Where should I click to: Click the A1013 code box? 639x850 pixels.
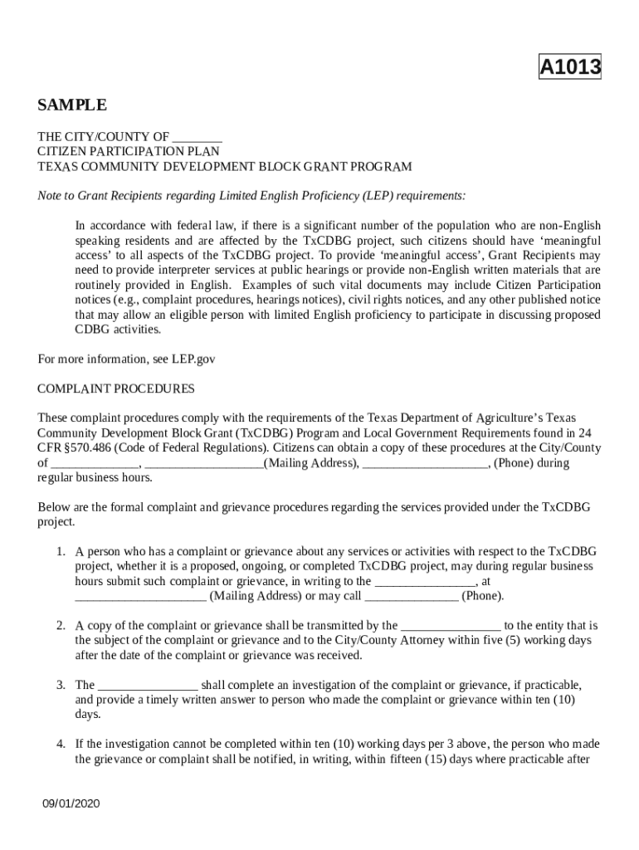click(x=570, y=67)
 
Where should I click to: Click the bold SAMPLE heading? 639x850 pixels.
click(x=72, y=105)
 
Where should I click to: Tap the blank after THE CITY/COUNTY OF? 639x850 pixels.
click(x=198, y=137)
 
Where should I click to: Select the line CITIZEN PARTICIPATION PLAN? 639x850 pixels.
click(x=129, y=152)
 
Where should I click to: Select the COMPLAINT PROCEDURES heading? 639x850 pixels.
click(x=116, y=388)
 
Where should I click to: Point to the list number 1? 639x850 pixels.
click(x=61, y=551)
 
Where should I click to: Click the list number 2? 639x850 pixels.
click(x=61, y=626)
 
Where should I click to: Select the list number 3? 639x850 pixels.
click(x=61, y=686)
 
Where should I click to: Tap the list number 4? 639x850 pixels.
click(x=61, y=745)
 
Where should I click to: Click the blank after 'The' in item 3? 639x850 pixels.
click(x=148, y=686)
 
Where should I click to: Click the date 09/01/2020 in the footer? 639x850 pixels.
click(x=72, y=804)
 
